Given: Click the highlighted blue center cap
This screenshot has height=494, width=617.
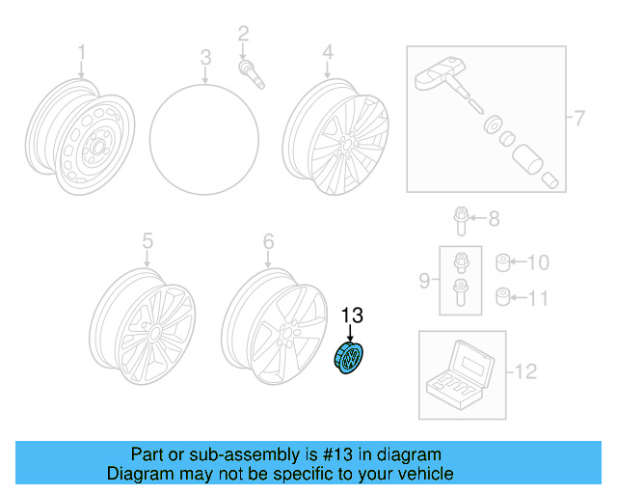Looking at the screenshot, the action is (x=348, y=358).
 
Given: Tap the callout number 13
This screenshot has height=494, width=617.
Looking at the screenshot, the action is (x=352, y=316).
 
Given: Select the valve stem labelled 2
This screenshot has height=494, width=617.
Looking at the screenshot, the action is (x=252, y=73).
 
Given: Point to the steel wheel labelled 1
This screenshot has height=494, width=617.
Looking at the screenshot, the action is (x=80, y=137).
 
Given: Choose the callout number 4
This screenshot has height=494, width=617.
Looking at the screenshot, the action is (x=328, y=52).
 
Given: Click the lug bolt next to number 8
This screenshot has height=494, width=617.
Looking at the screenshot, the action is (x=461, y=221).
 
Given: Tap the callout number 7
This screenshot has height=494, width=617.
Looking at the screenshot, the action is (x=579, y=118).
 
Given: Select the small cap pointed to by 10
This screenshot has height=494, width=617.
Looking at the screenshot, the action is (x=503, y=262).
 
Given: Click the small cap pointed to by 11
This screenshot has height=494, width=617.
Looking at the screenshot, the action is (x=503, y=297).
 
